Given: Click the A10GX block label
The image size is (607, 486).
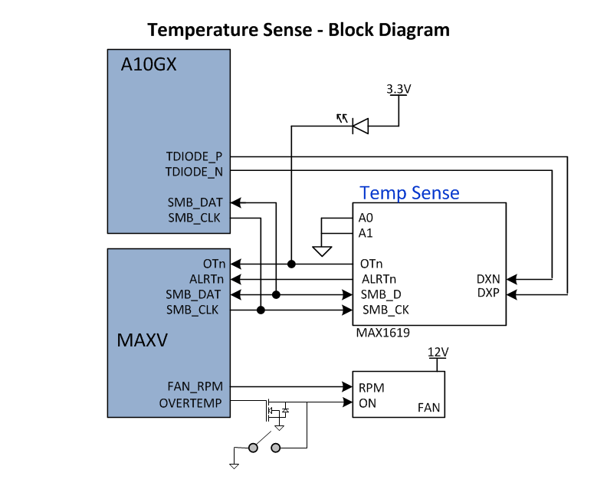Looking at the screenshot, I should click(149, 65).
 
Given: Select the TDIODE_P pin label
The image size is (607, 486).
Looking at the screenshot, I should click(194, 156).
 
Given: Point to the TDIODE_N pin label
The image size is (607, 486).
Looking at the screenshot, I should click(194, 171).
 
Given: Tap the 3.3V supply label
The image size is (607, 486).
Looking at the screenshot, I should click(399, 89).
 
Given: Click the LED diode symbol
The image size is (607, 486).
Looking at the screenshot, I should click(359, 126).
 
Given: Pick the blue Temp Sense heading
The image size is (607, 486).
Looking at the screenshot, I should click(409, 192).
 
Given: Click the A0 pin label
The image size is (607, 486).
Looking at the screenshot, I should click(366, 218).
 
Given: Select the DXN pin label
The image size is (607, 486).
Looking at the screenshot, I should click(488, 279).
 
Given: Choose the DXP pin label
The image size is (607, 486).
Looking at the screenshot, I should click(488, 293).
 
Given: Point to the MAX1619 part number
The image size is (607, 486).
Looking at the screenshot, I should click(382, 333).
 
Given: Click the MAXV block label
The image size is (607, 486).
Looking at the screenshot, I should click(142, 338).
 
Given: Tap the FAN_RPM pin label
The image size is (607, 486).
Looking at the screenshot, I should click(195, 387).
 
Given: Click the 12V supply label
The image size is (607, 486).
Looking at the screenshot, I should click(438, 352).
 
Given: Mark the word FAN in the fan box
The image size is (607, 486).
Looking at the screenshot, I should click(428, 408).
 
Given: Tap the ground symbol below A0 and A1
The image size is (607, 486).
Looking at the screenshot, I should click(322, 251).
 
